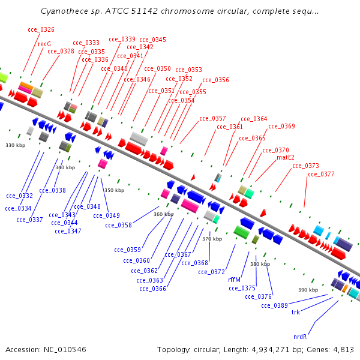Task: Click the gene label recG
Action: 44,44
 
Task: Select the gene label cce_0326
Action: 41,29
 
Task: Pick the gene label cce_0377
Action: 321,174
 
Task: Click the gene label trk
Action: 295,312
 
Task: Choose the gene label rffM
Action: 234,280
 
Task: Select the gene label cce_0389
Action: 274,305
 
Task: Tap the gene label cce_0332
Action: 19,196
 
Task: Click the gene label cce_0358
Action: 118,225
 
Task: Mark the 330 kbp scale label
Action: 15,145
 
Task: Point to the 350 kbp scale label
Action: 114,190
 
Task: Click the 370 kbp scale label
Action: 212,239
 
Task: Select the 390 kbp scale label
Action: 308,290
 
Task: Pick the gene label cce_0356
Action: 215,80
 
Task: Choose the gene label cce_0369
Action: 281,126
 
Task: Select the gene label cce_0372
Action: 211,272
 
